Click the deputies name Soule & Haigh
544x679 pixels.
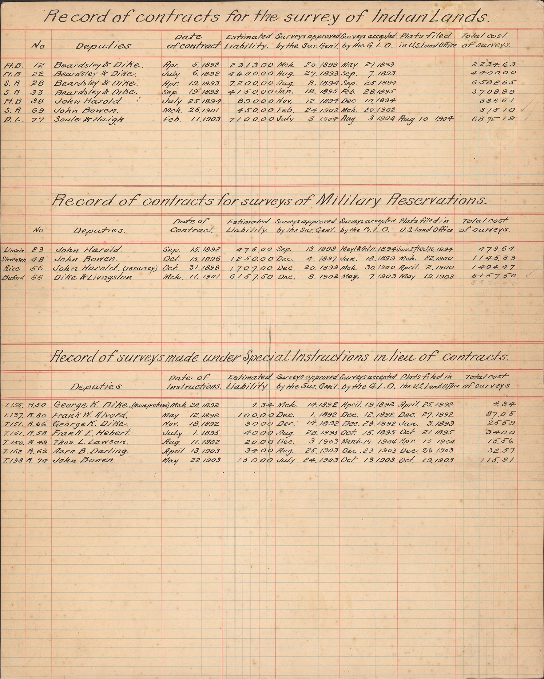tap(89, 120)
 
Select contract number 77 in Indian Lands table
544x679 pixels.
tap(38, 120)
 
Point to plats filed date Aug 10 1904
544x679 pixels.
tap(426, 119)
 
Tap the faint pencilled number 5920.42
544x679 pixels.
tap(494, 283)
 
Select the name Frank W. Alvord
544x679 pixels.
tap(91, 415)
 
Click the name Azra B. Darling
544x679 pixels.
tap(90, 451)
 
